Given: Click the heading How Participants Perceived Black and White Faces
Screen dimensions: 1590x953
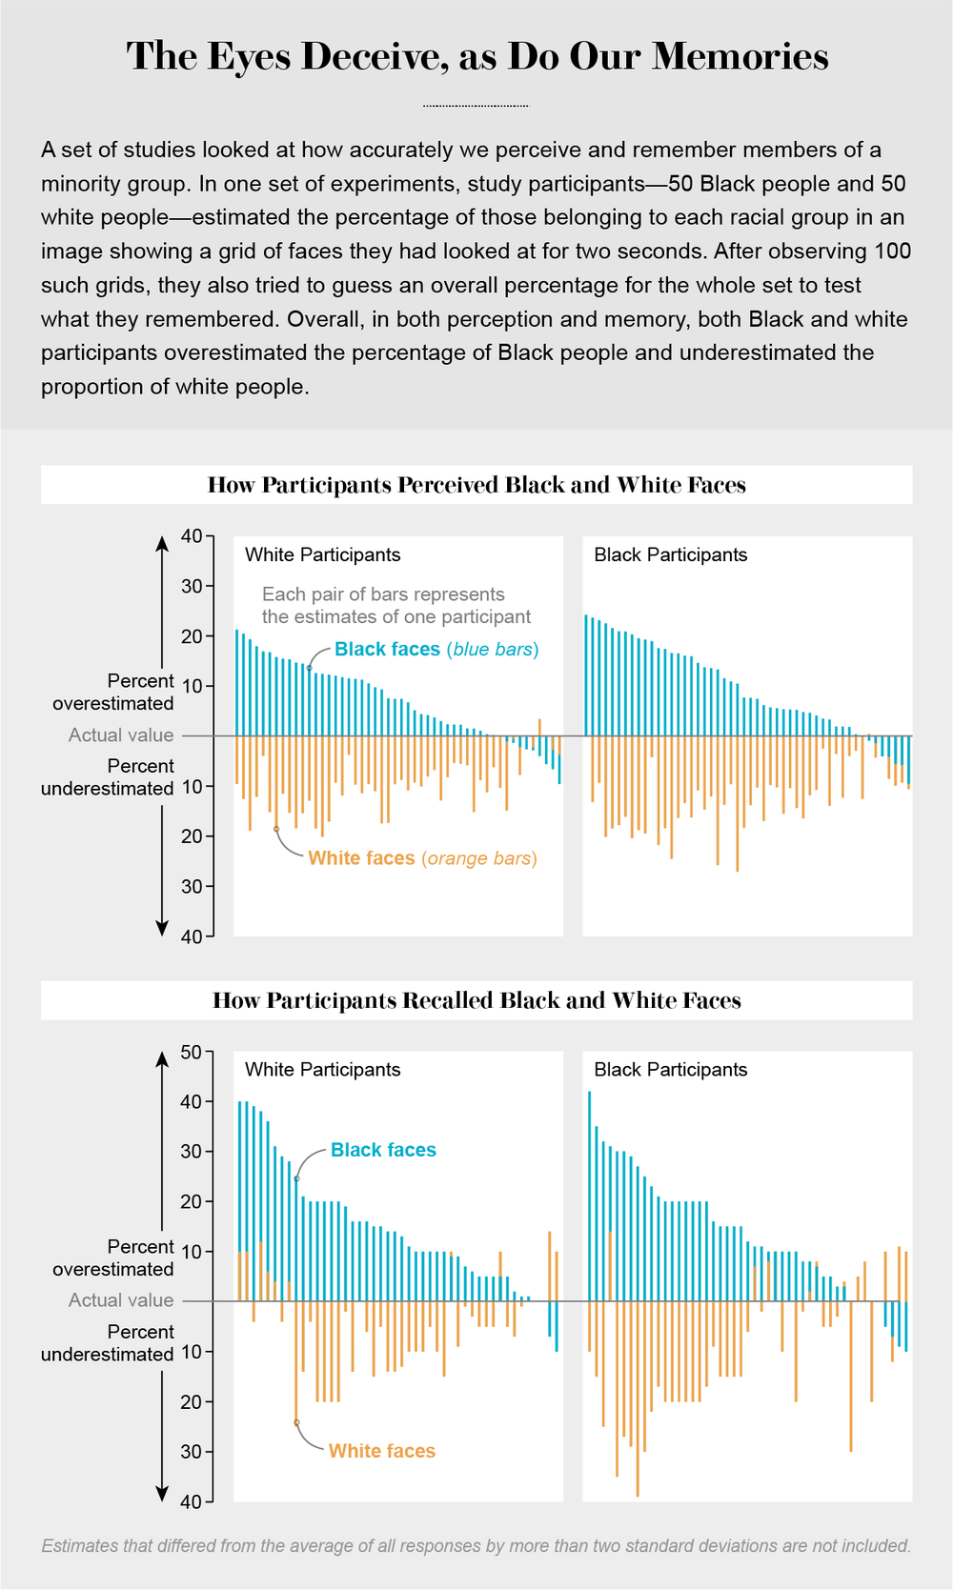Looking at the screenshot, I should click(476, 485).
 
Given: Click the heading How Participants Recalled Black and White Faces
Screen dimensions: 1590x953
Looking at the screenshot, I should click(476, 1000).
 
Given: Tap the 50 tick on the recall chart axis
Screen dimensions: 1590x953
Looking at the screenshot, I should click(191, 1053).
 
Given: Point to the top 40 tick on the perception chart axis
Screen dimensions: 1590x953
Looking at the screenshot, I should click(191, 536).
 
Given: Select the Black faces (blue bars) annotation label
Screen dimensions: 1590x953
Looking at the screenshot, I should click(436, 650).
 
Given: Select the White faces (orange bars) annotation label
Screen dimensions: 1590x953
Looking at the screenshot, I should click(422, 858).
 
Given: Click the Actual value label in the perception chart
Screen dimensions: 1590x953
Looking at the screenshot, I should click(121, 735).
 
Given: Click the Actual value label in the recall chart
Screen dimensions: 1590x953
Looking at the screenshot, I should click(121, 1300).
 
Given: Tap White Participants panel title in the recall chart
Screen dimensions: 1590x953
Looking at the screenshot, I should click(322, 1070).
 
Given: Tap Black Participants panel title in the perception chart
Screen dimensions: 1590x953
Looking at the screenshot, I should click(670, 554).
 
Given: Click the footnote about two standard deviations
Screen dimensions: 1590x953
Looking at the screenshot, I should click(476, 1546).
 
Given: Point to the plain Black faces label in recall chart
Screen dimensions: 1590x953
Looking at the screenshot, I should click(383, 1150).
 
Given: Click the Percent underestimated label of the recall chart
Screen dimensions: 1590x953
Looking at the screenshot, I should click(107, 1343).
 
